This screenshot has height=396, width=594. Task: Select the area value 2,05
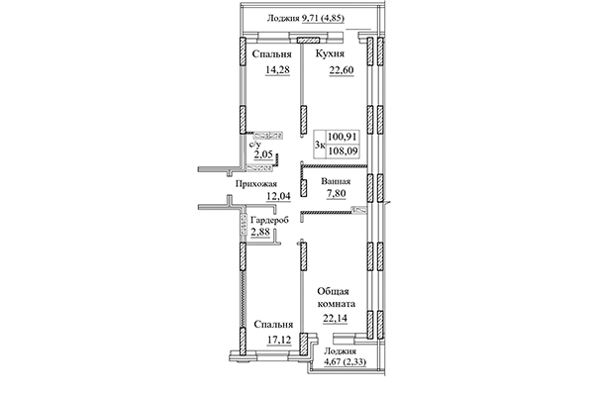pos(263,155)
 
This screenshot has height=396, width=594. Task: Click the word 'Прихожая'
pos(255,183)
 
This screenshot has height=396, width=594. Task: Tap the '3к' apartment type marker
pos(319,146)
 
